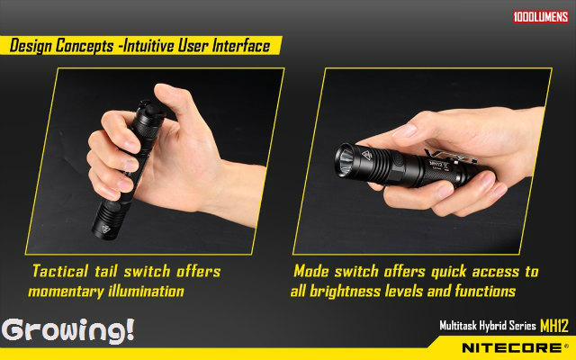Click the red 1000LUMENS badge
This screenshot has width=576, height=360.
pos(541,17)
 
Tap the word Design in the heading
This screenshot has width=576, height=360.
pos(31,46)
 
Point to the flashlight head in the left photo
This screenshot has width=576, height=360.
pos(105,221)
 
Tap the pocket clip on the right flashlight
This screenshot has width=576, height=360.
pos(450,157)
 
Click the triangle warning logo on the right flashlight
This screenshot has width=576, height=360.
pos(366,156)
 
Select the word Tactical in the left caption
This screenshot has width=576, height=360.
pos(60,271)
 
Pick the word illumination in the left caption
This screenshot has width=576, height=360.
pos(146,292)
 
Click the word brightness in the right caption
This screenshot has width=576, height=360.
pos(345,291)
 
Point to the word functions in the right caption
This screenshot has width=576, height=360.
pos(485,291)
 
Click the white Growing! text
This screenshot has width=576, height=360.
pos(68,331)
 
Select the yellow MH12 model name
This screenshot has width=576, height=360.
pos(554,326)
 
